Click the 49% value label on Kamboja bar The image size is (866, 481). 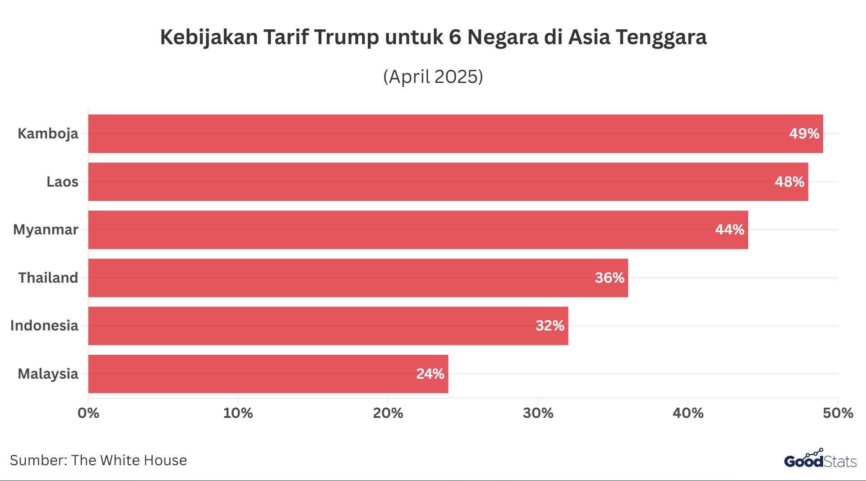(804, 133)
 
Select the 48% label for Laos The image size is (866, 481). (789, 182)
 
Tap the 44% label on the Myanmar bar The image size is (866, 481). (729, 229)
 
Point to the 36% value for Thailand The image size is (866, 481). (609, 278)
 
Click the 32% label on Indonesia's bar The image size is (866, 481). (550, 325)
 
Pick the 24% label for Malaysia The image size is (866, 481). (430, 374)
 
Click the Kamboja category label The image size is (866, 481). (48, 134)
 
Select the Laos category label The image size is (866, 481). (62, 182)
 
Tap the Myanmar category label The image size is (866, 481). (46, 230)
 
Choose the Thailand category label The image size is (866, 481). (48, 278)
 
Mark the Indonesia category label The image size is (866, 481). (44, 325)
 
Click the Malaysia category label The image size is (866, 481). (48, 374)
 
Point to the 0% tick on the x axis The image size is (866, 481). (88, 413)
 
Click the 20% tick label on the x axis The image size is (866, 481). (388, 413)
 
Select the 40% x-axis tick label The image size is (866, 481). (688, 413)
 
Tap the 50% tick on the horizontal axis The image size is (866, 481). (838, 413)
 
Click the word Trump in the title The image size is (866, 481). (347, 37)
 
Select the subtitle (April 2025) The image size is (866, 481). (433, 77)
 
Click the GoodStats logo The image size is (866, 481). (820, 460)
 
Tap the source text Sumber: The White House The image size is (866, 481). (98, 460)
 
